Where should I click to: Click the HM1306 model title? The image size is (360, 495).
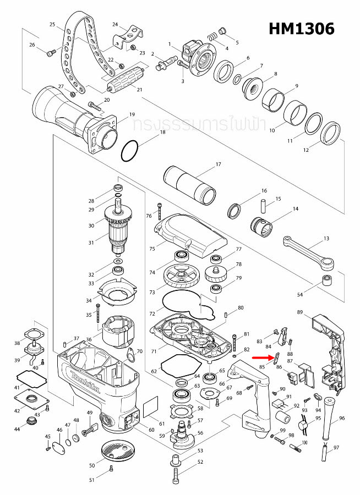301,29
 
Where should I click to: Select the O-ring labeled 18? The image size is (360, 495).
131,151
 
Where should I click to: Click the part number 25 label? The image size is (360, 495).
52,25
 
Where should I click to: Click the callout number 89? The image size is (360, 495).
300,312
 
